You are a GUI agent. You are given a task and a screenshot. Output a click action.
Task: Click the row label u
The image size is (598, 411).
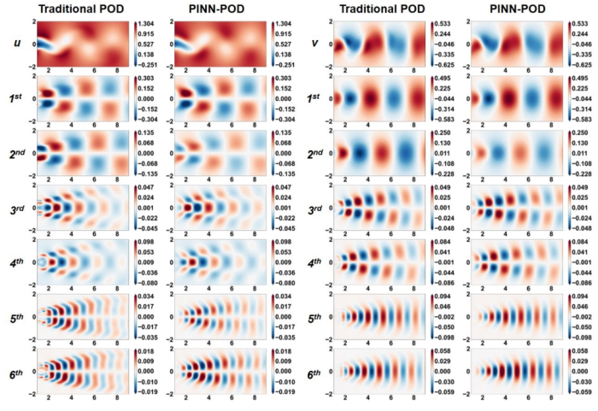[17, 42]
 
